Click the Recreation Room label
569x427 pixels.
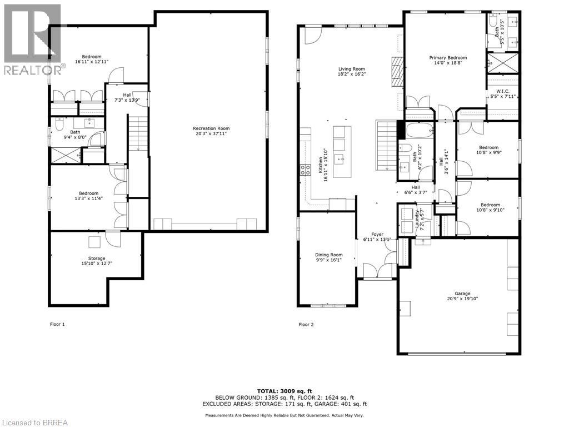tap(207, 128)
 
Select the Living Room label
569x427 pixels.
tap(352, 69)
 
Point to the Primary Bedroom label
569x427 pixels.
tap(448, 57)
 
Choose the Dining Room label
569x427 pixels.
tap(329, 255)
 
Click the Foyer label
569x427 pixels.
tap(377, 235)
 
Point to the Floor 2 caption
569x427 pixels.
tap(306, 324)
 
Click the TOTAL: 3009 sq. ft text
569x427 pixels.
tap(284, 391)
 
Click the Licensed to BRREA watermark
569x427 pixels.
tap(34, 422)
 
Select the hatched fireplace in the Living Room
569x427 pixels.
tap(396, 71)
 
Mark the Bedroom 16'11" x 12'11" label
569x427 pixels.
tap(92, 57)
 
